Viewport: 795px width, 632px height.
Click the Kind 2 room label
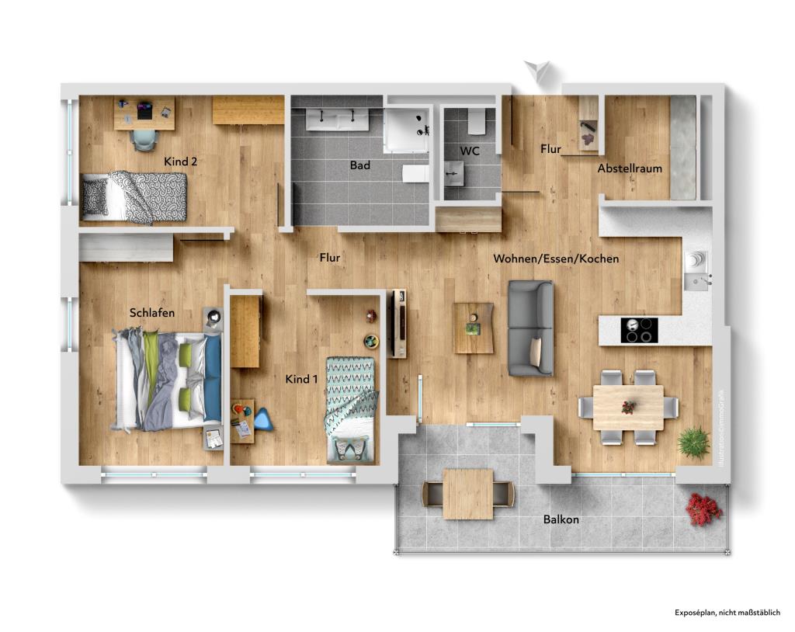point(180,161)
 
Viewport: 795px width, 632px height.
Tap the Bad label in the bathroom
point(359,165)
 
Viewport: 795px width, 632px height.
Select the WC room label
point(470,150)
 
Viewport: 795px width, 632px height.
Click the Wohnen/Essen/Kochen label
point(556,259)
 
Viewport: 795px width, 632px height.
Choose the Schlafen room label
point(152,312)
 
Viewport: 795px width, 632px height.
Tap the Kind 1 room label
point(303,379)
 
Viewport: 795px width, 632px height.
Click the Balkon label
point(561,519)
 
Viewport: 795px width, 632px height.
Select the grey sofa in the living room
point(530,328)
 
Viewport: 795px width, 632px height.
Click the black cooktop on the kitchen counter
point(640,330)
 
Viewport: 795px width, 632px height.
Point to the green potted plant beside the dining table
point(693,442)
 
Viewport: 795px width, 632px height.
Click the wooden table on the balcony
point(467,493)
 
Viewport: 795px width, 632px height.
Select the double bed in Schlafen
point(167,380)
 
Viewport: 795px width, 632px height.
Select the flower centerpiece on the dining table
point(628,406)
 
